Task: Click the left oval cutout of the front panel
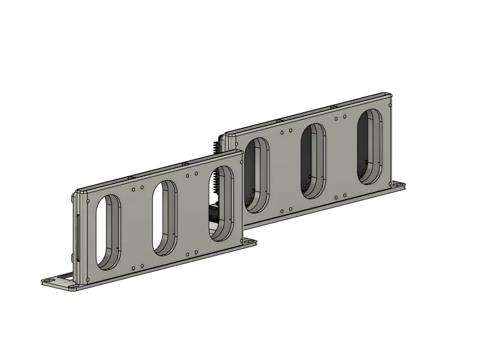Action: click(109, 232)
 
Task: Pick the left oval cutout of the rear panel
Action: click(257, 175)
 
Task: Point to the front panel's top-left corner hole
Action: click(88, 201)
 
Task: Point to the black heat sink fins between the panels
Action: click(215, 146)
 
